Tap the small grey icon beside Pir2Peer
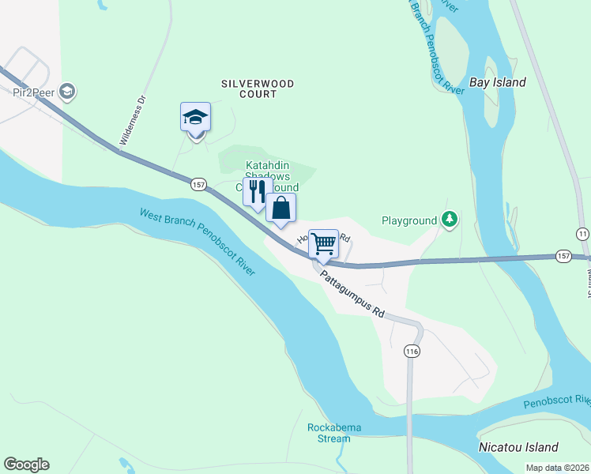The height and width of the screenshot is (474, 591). pyautogui.click(x=68, y=91)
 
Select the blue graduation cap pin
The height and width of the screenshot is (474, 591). pyautogui.click(x=195, y=118)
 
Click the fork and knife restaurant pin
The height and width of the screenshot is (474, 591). pyautogui.click(x=258, y=192)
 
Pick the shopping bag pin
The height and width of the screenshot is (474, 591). pyautogui.click(x=280, y=209)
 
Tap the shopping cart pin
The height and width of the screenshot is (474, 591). pyautogui.click(x=323, y=245)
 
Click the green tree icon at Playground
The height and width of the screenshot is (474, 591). pyautogui.click(x=450, y=220)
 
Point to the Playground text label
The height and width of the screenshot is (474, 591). pyautogui.click(x=408, y=220)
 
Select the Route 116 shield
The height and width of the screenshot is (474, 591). pyautogui.click(x=411, y=351)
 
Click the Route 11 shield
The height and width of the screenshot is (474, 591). pyautogui.click(x=583, y=234)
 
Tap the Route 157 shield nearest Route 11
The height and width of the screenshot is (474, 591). pyautogui.click(x=563, y=256)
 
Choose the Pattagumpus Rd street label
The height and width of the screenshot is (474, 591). pyautogui.click(x=352, y=292)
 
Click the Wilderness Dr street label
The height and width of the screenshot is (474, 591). pyautogui.click(x=133, y=120)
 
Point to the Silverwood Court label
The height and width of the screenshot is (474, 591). pyautogui.click(x=258, y=88)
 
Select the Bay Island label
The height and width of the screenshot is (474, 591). pyautogui.click(x=498, y=82)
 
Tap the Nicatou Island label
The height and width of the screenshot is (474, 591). pyautogui.click(x=518, y=447)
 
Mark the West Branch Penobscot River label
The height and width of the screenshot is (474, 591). pyautogui.click(x=198, y=242)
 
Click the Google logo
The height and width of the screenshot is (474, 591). pyautogui.click(x=26, y=464)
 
